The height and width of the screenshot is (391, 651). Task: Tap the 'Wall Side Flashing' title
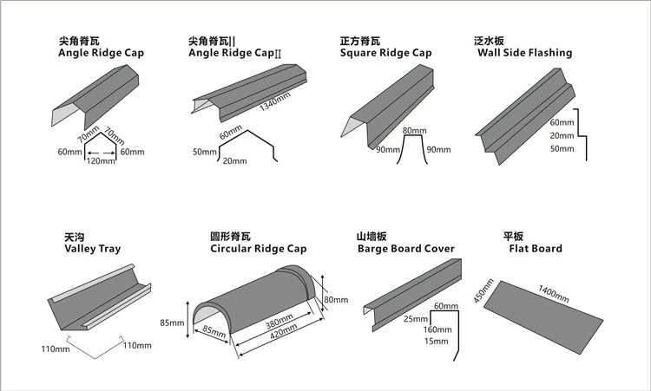coord(524,52)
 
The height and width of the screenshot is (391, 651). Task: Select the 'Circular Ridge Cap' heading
coord(258,249)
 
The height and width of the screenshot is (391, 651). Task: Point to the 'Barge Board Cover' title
coord(405,249)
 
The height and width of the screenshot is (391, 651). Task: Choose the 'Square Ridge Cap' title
coord(385,53)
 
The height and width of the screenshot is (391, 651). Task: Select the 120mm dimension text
coord(102,161)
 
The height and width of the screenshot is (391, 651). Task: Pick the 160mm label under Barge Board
coord(437,329)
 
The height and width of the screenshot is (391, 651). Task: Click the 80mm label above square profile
coord(411,131)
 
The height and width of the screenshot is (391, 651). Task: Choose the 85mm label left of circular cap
coord(172,323)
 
